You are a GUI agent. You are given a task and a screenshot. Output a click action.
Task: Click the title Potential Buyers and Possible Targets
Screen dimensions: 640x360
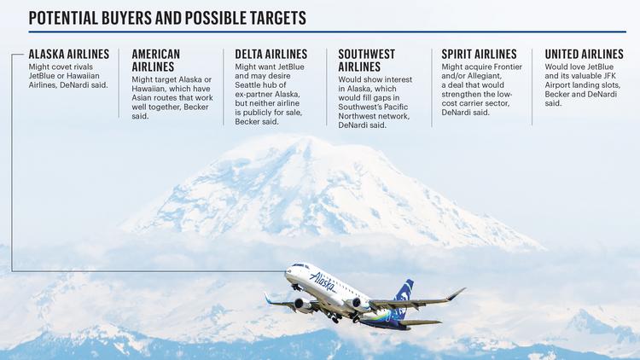(167, 18)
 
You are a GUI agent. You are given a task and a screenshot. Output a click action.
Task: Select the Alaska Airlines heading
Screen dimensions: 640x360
(69, 55)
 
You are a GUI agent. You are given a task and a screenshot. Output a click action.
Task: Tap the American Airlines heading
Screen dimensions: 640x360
(156, 61)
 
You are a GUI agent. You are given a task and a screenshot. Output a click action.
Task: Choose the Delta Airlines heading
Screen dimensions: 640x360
(271, 55)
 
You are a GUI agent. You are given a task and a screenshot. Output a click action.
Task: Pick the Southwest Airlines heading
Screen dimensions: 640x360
(367, 61)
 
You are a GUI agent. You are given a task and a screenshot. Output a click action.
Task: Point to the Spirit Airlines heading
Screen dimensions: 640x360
(479, 55)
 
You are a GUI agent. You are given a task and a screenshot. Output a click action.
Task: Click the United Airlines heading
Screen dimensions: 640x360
(584, 55)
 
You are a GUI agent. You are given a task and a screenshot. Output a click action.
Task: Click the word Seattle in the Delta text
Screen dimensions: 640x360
(247, 85)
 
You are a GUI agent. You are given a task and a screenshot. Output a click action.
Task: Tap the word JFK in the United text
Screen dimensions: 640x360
(609, 76)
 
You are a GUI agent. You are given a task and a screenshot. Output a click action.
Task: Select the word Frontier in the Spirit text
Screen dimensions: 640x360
(509, 67)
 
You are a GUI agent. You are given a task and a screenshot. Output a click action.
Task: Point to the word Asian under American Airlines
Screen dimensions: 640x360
(142, 98)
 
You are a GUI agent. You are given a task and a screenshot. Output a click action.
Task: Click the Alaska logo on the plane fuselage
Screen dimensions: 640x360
(323, 282)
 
